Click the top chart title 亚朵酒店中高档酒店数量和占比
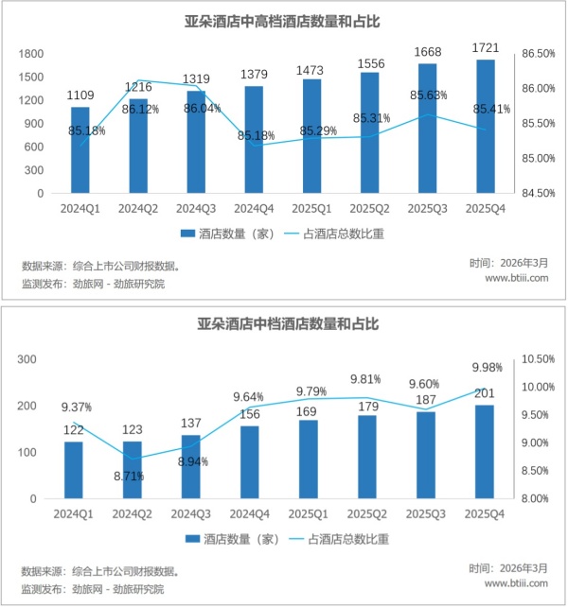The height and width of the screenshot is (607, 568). [x=284, y=20]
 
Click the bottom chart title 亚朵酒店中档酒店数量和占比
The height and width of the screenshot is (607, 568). [x=284, y=324]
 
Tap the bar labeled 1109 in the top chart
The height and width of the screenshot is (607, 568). [x=80, y=150]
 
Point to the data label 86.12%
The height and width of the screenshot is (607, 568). [x=139, y=111]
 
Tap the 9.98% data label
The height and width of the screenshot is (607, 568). [x=484, y=369]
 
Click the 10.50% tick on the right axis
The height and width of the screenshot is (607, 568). [x=536, y=359]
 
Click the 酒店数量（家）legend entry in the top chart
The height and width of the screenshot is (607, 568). [x=226, y=233]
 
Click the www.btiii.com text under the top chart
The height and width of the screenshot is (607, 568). [x=517, y=279]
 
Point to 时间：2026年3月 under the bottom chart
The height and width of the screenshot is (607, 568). [x=508, y=568]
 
